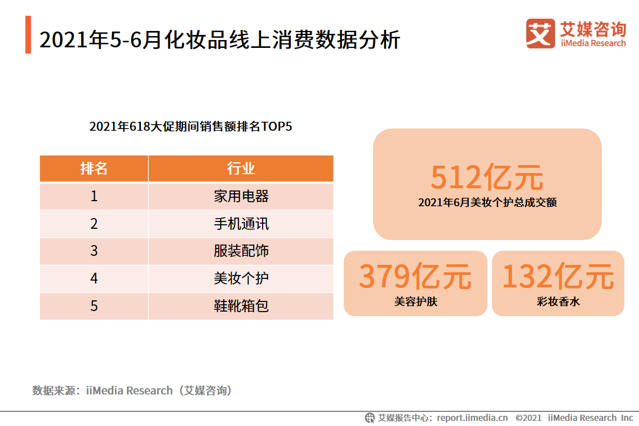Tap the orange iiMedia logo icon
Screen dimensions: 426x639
coord(540,33)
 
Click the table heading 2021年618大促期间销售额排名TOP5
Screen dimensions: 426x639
coord(190,126)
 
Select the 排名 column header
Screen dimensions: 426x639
coord(94,168)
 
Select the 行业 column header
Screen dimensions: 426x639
coord(241,168)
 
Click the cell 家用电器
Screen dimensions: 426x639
coord(241,196)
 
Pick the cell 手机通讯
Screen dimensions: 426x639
coord(241,224)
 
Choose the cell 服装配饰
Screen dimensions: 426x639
coord(241,251)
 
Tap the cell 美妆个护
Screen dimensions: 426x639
coord(241,278)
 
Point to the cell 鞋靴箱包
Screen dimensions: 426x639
coord(241,306)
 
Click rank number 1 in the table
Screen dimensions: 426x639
coord(94,196)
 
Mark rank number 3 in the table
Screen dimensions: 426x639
coord(94,251)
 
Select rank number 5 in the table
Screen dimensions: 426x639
coord(94,306)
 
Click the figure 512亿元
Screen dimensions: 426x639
coord(487,177)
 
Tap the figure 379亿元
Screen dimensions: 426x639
coord(415,276)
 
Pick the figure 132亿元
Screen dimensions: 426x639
coord(558,276)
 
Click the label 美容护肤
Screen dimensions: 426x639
coord(415,301)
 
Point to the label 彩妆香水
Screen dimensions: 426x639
coord(558,301)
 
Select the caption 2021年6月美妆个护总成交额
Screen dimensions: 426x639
coord(487,202)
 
